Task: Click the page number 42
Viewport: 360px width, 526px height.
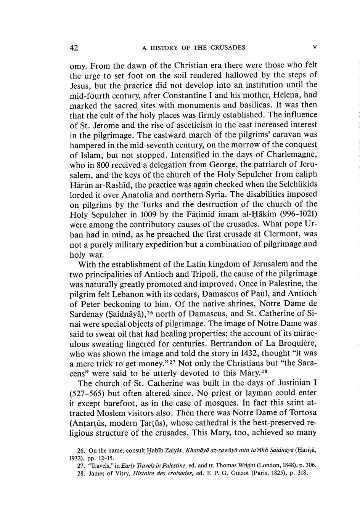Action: (x=74, y=48)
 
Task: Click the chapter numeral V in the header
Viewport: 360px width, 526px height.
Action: (x=315, y=48)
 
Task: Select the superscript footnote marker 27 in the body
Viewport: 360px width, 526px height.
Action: (x=174, y=361)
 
